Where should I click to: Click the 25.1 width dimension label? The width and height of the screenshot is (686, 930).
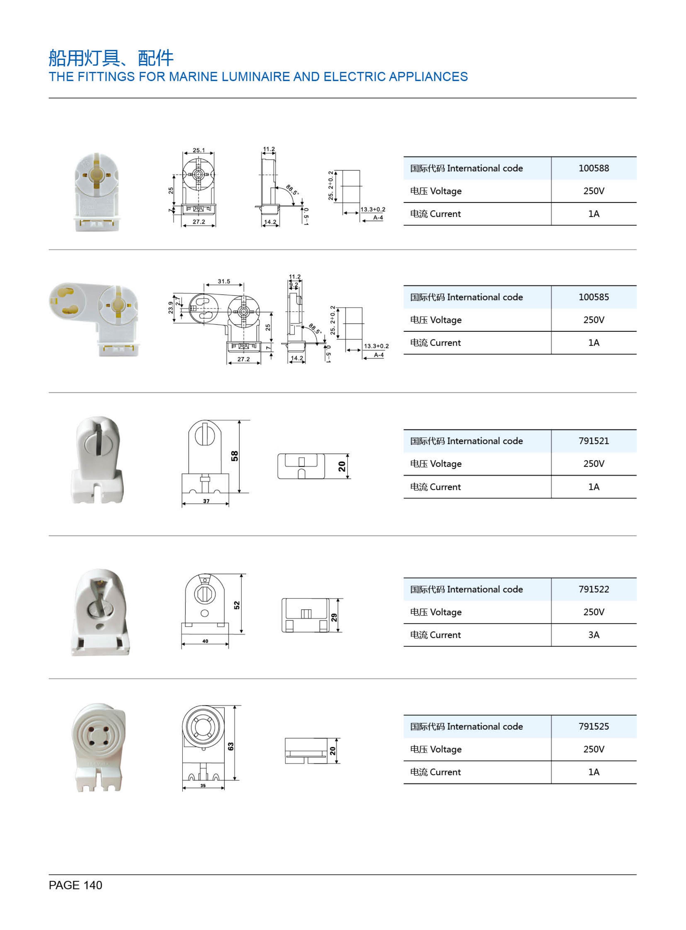tap(199, 150)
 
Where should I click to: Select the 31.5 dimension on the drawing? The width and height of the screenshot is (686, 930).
tap(224, 281)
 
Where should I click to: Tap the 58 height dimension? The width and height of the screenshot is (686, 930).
tap(235, 456)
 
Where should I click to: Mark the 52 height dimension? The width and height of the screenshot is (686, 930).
tap(237, 605)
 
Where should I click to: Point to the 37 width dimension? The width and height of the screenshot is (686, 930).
tap(206, 501)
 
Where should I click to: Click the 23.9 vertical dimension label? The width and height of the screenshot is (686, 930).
tap(171, 308)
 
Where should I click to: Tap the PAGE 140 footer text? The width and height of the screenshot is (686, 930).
tap(75, 885)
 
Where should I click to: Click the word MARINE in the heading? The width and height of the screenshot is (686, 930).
tap(193, 77)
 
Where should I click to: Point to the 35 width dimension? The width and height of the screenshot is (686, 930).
tap(203, 785)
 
